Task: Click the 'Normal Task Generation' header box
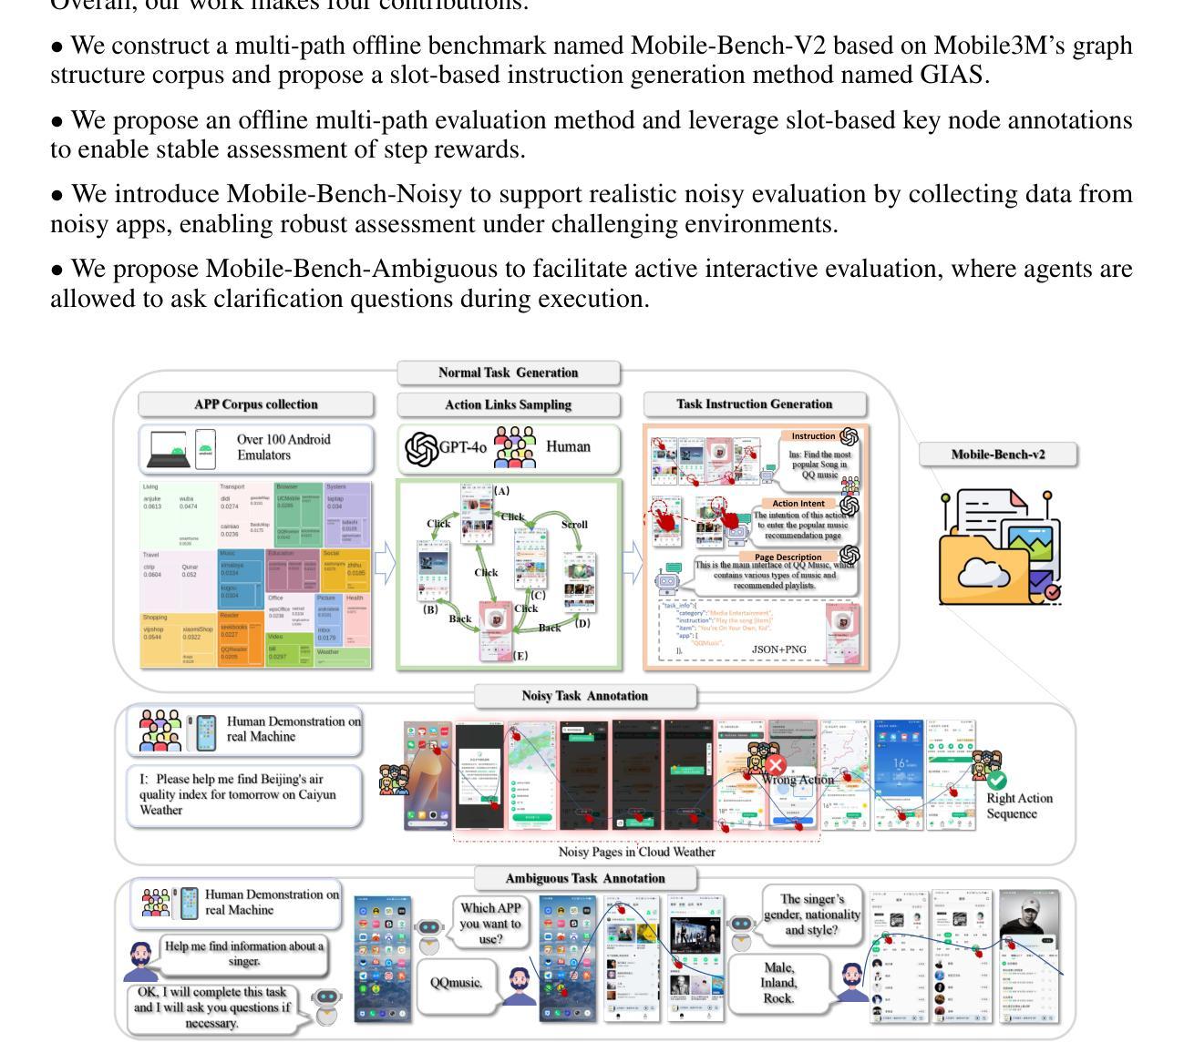pyautogui.click(x=508, y=373)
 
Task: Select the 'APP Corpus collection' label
pyautogui.click(x=256, y=404)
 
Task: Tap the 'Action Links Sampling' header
pyautogui.click(x=508, y=404)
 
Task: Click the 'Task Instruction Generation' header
pyautogui.click(x=754, y=404)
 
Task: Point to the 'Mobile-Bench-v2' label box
pyautogui.click(x=998, y=455)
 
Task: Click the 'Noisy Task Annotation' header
pyautogui.click(x=584, y=696)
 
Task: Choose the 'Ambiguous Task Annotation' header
pyautogui.click(x=584, y=879)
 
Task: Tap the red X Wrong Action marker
pyautogui.click(x=776, y=765)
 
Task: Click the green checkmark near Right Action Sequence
pyautogui.click(x=997, y=781)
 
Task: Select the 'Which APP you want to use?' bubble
pyautogui.click(x=490, y=922)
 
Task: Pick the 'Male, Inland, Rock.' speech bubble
pyautogui.click(x=778, y=983)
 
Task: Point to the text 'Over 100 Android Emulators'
pyautogui.click(x=283, y=447)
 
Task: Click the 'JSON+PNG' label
pyautogui.click(x=778, y=649)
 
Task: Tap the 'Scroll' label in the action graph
pyautogui.click(x=574, y=525)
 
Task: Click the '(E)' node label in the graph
pyautogui.click(x=520, y=655)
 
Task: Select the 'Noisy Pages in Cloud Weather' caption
pyautogui.click(x=636, y=853)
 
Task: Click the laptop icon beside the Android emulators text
pyautogui.click(x=168, y=451)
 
